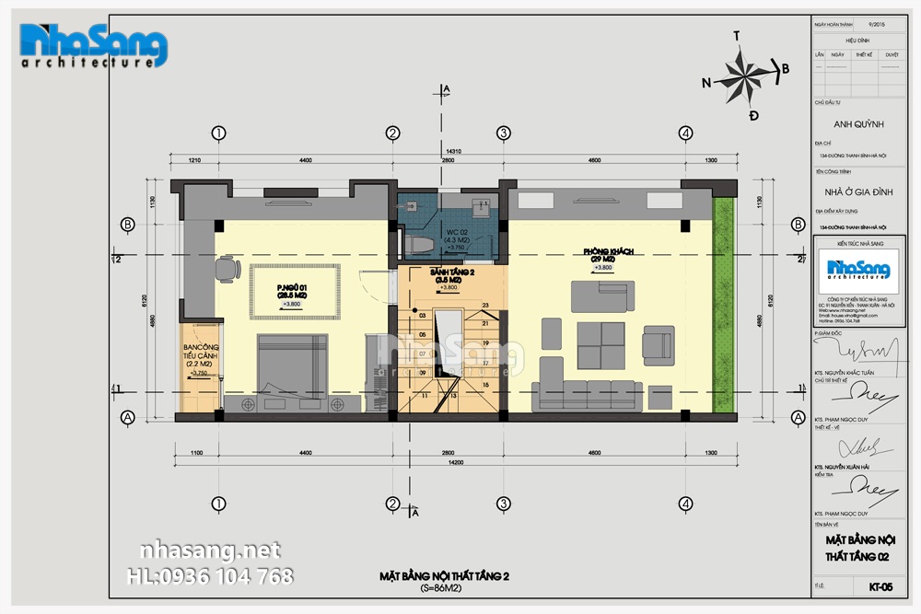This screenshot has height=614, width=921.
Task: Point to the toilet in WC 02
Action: (x=416, y=242)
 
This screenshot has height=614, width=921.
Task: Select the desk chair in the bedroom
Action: (x=225, y=268)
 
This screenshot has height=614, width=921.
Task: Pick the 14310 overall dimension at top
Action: (x=452, y=150)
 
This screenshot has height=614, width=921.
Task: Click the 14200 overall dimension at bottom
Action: (x=451, y=466)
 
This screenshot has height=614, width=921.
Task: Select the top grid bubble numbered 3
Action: (x=503, y=133)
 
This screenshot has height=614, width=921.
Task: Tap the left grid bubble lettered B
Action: (x=128, y=224)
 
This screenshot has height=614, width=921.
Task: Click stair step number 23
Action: (x=484, y=305)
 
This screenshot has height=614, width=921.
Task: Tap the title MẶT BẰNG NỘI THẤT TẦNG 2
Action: (x=444, y=576)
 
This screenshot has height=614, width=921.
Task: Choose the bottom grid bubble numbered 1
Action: (x=218, y=504)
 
